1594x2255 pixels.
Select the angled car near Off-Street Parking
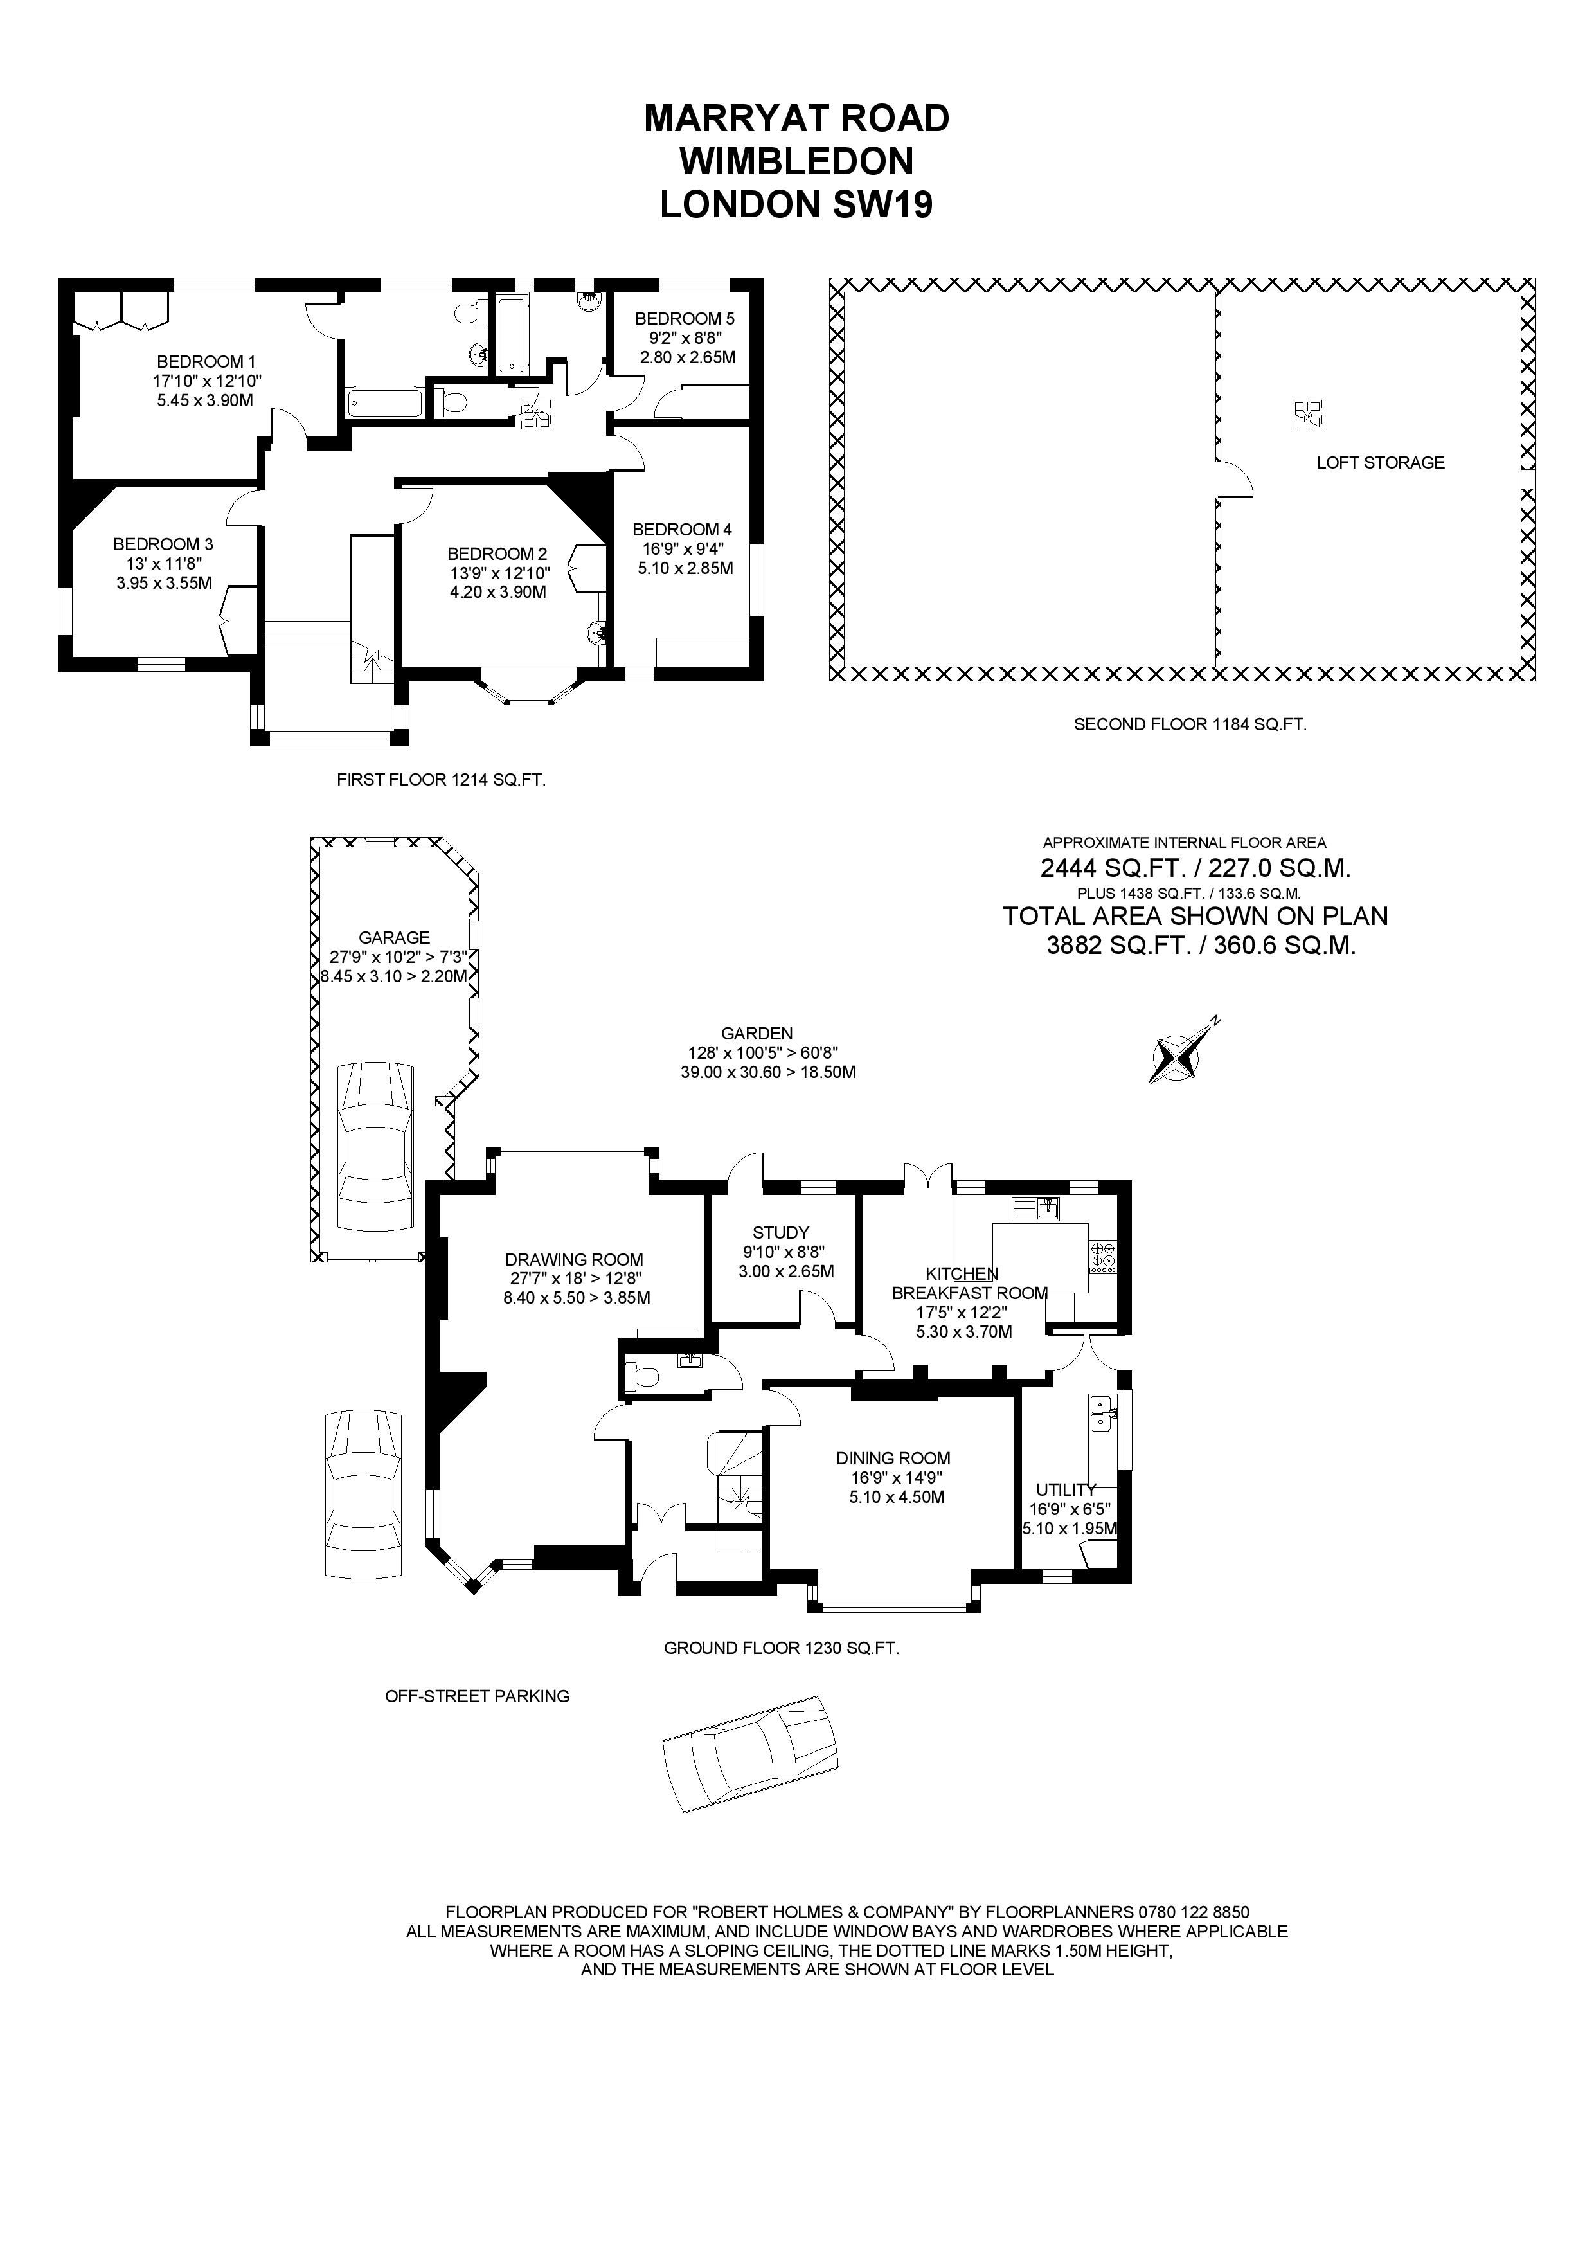(x=750, y=1753)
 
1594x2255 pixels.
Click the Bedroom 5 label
(x=685, y=318)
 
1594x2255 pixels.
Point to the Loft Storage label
(x=1380, y=463)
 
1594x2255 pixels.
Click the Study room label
(x=781, y=1232)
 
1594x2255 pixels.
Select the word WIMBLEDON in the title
(x=796, y=161)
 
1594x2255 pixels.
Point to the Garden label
(x=757, y=1033)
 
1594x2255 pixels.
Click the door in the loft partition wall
(x=1233, y=480)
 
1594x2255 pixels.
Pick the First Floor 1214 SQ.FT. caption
(x=441, y=780)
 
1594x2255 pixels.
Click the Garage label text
(x=394, y=938)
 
